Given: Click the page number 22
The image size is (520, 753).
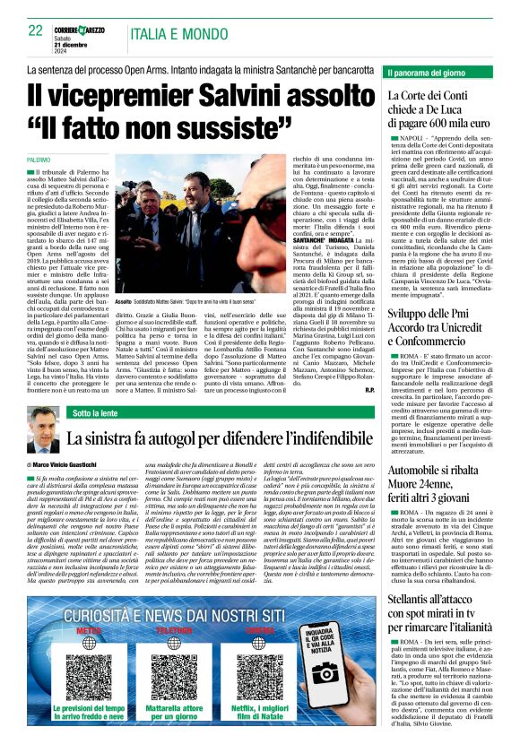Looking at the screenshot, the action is pos(37,30).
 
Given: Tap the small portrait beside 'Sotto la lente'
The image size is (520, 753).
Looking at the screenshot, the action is pos(41,428).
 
